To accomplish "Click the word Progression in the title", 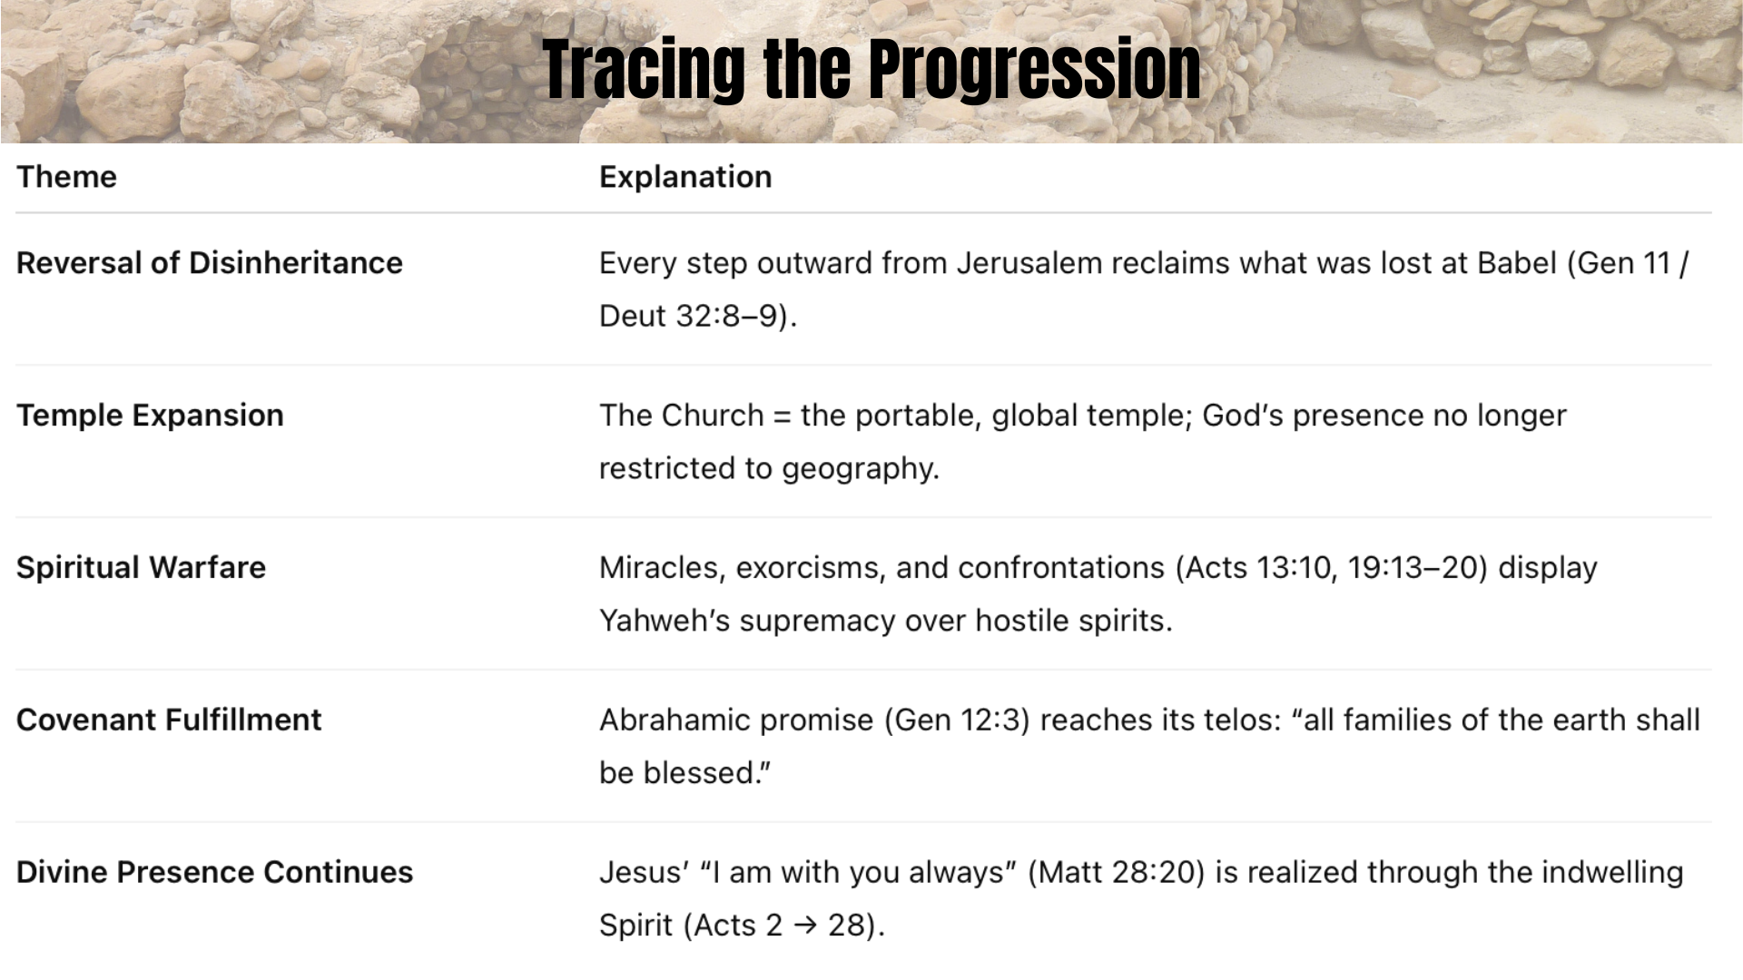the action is [1034, 70].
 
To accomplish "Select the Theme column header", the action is [66, 176].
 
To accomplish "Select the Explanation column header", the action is [685, 177].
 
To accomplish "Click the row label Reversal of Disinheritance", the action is [210, 262].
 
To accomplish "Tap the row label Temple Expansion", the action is [150, 415].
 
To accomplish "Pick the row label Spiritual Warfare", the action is [141, 567].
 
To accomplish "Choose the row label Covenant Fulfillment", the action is [169, 720].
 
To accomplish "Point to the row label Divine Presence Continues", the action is [214, 872].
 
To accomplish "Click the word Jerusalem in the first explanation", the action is [1029, 263].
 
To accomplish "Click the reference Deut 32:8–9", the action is [689, 316].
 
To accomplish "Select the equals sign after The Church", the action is [782, 416].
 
